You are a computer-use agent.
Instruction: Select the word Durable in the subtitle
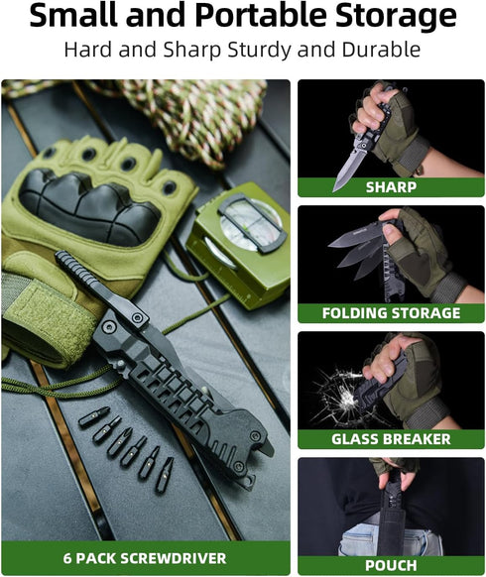pyautogui.click(x=382, y=50)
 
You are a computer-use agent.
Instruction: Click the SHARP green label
pyautogui.click(x=391, y=186)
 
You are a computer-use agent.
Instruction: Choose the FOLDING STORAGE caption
pyautogui.click(x=391, y=313)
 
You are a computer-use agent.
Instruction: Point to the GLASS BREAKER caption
pyautogui.click(x=391, y=439)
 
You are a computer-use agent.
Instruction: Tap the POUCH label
pyautogui.click(x=391, y=565)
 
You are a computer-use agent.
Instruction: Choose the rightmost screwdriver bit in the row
pyautogui.click(x=165, y=473)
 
